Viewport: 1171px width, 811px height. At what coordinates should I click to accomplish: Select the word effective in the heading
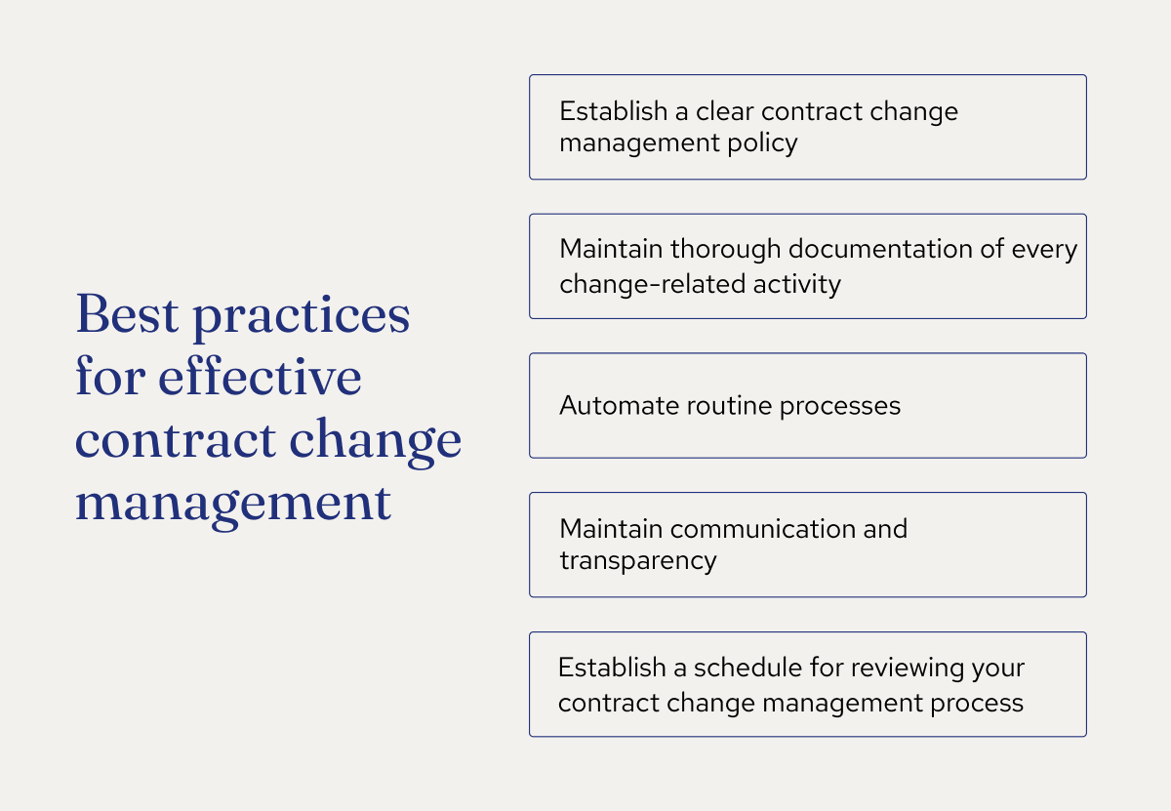261,378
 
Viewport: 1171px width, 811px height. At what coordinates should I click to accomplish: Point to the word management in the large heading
233,505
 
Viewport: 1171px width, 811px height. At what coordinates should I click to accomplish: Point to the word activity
799,284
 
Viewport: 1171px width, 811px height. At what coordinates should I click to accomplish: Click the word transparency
638,561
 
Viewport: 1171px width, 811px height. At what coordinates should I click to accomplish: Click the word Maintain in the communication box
611,529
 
